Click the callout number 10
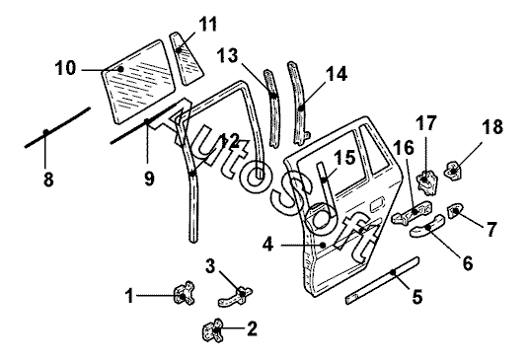(x=66, y=68)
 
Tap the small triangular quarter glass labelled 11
(x=187, y=58)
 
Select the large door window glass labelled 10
(x=138, y=82)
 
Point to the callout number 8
(x=48, y=180)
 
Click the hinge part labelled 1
(x=184, y=293)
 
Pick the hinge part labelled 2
(x=213, y=330)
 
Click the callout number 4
(x=268, y=245)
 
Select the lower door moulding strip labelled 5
(x=383, y=280)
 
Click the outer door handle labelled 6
(x=427, y=226)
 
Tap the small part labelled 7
(x=455, y=210)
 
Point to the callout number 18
(x=492, y=127)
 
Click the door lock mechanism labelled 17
(x=427, y=182)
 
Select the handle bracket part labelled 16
(x=413, y=213)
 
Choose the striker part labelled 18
(x=454, y=170)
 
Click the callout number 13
(x=228, y=55)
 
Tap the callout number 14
(x=337, y=74)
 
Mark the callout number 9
(x=149, y=179)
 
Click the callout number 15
(x=344, y=157)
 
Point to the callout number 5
(x=416, y=297)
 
